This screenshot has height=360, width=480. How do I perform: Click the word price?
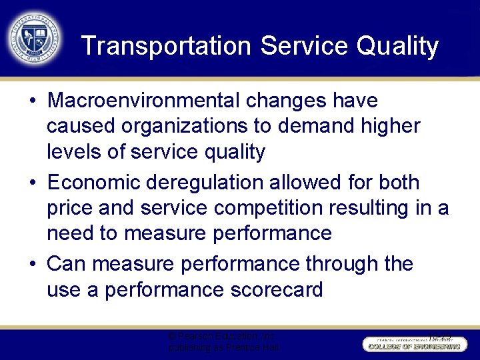[x=69, y=207]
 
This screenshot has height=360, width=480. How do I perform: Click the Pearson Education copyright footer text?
[x=223, y=342]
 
